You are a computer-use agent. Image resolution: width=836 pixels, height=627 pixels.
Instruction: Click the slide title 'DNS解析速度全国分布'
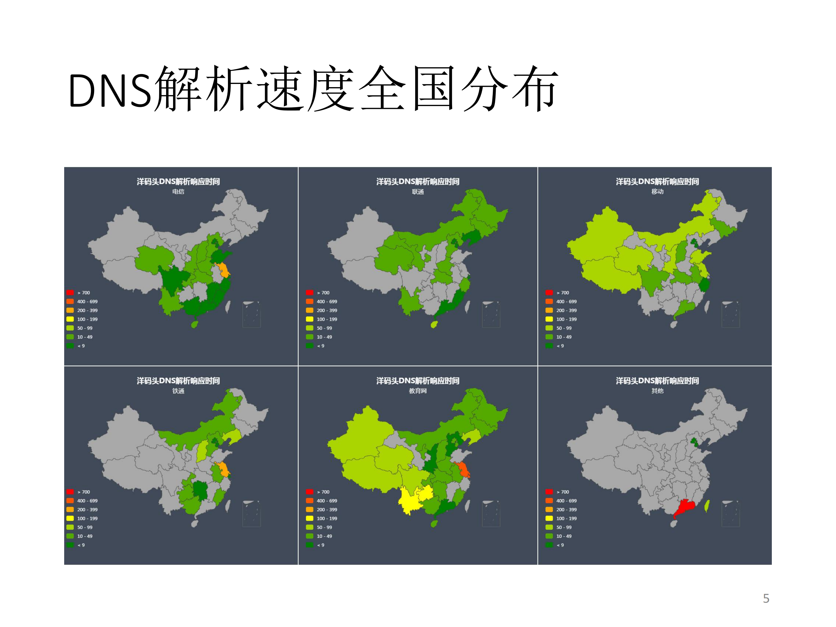313,89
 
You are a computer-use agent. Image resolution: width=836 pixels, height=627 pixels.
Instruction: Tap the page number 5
766,598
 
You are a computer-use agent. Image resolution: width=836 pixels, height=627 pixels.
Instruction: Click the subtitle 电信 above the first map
178,192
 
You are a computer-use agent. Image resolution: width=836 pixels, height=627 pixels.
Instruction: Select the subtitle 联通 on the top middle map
418,192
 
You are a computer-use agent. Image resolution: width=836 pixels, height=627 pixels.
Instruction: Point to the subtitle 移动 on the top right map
657,192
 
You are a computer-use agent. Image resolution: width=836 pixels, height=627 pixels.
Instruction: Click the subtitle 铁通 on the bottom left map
178,391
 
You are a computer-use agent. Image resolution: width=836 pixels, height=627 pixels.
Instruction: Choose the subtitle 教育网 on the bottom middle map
418,391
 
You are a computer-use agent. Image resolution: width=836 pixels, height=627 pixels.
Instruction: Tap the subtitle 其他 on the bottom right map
657,391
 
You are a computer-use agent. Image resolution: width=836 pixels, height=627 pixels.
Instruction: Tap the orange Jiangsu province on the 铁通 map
224,470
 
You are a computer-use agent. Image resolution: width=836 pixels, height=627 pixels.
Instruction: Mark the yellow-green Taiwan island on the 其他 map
707,506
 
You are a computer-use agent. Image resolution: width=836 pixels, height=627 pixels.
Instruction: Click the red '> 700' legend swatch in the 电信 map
70,292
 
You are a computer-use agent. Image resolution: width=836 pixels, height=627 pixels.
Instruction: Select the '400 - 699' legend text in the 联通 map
327,302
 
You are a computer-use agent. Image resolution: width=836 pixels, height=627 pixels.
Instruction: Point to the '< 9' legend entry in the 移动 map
560,346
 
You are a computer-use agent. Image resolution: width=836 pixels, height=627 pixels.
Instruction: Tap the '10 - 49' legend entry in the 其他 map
564,536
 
